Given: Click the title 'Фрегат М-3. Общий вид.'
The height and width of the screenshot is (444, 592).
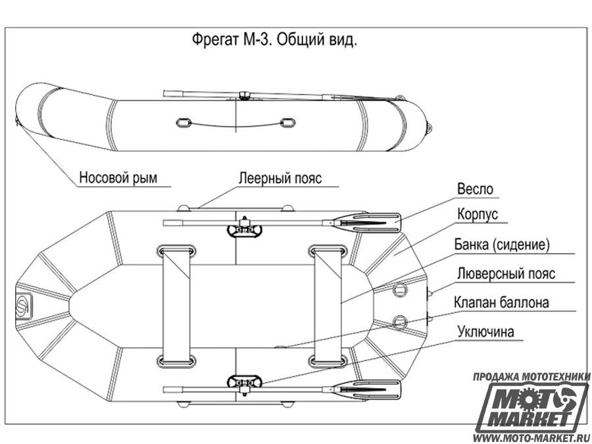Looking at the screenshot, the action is pyautogui.click(x=274, y=39).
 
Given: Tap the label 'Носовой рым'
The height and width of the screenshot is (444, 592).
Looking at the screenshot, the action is pyautogui.click(x=118, y=177).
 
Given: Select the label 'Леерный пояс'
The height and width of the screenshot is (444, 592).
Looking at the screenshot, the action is pyautogui.click(x=280, y=178).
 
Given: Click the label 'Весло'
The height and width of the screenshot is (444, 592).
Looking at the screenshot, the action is pyautogui.click(x=475, y=189).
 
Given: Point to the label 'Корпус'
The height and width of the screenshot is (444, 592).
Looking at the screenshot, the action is pyautogui.click(x=478, y=214).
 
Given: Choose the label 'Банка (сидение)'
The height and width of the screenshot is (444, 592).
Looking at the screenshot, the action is pyautogui.click(x=502, y=245).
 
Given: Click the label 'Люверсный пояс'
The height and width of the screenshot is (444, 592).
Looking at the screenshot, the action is pyautogui.click(x=506, y=274).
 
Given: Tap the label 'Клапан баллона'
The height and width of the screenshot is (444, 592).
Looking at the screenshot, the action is pyautogui.click(x=501, y=303).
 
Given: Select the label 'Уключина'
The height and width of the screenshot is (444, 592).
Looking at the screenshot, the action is pyautogui.click(x=485, y=332).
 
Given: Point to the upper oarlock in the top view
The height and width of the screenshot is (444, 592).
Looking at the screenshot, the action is pyautogui.click(x=244, y=229).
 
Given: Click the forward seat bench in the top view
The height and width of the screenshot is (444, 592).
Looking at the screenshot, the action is pyautogui.click(x=176, y=307).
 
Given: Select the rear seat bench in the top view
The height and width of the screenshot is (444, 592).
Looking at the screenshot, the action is pyautogui.click(x=328, y=307).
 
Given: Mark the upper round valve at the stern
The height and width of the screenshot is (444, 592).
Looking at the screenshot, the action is pyautogui.click(x=399, y=289).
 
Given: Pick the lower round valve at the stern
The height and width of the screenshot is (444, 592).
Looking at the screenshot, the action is pyautogui.click(x=399, y=322).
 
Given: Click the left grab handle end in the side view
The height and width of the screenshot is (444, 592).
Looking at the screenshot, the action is pyautogui.click(x=184, y=123).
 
